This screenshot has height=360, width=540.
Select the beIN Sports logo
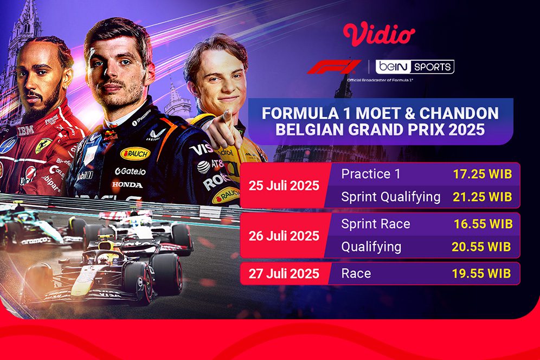(x=416, y=67)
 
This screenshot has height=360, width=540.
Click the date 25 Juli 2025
(x=284, y=185)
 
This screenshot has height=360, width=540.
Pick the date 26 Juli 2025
(x=284, y=236)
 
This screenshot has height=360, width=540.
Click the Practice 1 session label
(x=366, y=174)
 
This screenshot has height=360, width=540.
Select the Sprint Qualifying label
(x=390, y=197)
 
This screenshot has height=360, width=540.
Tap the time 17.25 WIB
(x=482, y=174)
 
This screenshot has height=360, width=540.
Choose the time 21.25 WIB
(x=482, y=197)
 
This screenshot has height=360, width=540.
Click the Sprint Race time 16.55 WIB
(x=482, y=224)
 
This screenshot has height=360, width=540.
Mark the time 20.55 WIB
(x=481, y=247)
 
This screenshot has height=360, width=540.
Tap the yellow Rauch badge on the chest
(x=135, y=154)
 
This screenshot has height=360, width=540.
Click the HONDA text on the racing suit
(x=127, y=185)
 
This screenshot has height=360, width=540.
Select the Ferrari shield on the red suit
(x=43, y=146)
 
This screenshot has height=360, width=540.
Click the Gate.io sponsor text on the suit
(x=131, y=171)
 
